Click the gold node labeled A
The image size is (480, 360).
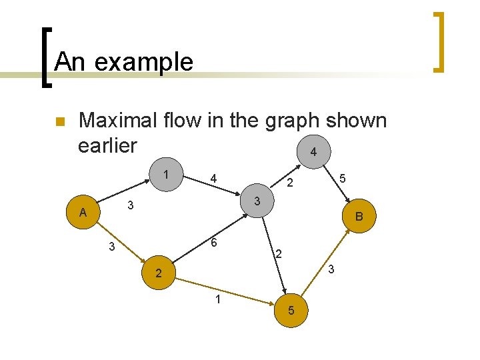point(83,213)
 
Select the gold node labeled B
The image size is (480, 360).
point(359,216)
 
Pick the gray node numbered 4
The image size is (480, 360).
point(313,153)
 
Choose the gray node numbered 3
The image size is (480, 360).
point(257,201)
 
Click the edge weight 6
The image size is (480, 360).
point(214,244)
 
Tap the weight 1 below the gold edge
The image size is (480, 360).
point(217,299)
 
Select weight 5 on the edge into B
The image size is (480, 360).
point(342,179)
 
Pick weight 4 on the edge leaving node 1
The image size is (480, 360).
point(213,179)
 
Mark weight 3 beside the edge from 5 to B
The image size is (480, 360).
point(331,269)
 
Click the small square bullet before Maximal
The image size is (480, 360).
point(59,122)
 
